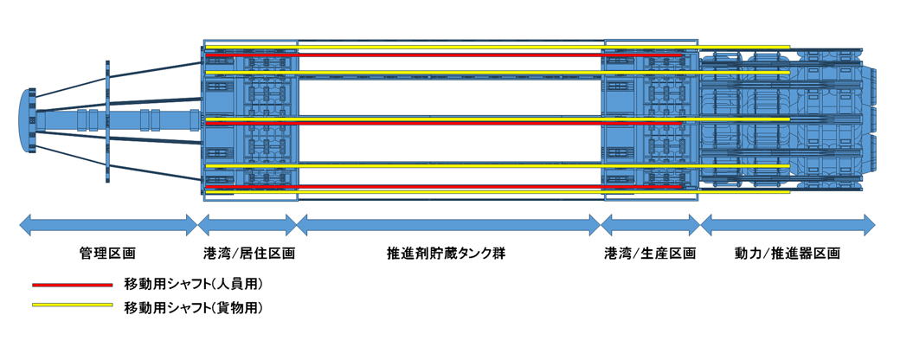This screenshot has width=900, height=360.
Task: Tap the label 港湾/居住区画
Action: coord(249,254)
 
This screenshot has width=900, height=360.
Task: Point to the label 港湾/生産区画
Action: coord(650,254)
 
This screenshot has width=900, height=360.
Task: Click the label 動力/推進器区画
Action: coord(787,254)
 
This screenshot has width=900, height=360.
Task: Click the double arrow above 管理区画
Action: coord(108,227)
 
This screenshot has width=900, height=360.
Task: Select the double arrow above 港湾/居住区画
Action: coord(247,227)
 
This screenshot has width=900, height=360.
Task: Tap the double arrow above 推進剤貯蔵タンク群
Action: coord(448,227)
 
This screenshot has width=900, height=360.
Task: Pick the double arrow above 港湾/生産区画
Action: coord(650,227)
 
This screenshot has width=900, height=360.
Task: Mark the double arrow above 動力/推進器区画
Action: coord(787,227)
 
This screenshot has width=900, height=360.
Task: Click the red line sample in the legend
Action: coord(73,284)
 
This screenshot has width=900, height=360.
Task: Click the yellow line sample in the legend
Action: coord(73,305)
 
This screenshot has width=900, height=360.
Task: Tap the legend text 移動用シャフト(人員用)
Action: coord(193,284)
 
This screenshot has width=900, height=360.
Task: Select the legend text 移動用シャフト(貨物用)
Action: coord(193,306)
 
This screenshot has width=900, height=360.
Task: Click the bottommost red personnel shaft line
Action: coord(441,186)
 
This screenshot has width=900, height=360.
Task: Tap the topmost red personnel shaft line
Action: coord(441,55)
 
